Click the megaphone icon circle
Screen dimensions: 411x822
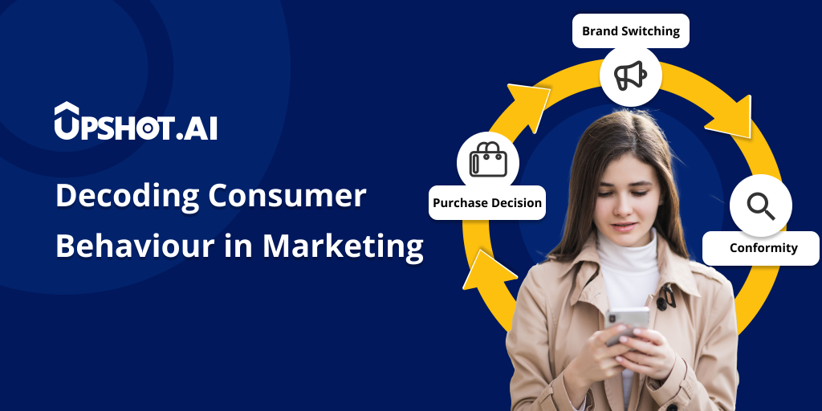point(630,75)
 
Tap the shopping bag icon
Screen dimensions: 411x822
point(488,160)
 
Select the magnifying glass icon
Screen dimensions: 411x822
point(760,206)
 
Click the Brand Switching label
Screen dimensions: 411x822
point(630,31)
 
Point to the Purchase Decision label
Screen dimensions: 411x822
point(487,203)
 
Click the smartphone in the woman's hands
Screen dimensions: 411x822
point(627,320)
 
